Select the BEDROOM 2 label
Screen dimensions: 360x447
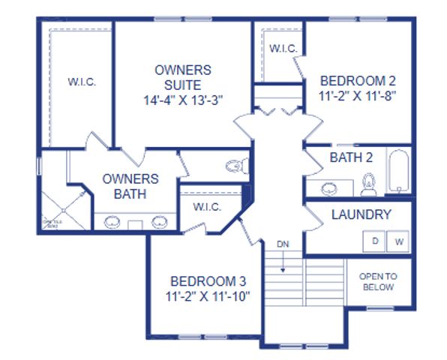tap(358, 80)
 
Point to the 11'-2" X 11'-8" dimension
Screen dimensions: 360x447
tap(358, 96)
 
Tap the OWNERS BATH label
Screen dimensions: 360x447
tap(130, 186)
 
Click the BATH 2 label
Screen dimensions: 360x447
tap(352, 157)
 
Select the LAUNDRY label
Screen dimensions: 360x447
tap(361, 215)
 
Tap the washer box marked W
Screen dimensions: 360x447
tap(399, 241)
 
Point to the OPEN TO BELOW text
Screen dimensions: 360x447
tap(378, 281)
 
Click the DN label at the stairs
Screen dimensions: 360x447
tap(283, 244)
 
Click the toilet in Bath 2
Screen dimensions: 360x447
tap(368, 182)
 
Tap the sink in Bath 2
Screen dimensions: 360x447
tap(330, 187)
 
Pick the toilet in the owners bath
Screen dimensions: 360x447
tap(235, 166)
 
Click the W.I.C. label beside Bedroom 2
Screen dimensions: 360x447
tap(283, 48)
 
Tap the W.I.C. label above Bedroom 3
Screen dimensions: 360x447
tap(205, 206)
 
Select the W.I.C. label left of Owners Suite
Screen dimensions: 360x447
tap(82, 81)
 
